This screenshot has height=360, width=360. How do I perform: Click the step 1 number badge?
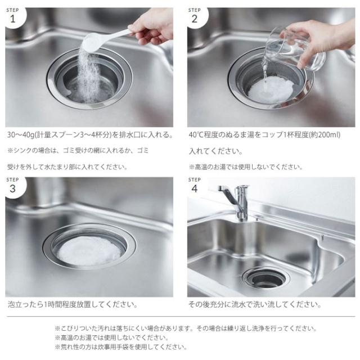click(12, 16)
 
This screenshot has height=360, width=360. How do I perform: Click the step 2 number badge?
click(195, 16)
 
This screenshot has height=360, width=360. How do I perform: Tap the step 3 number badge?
click(12, 187)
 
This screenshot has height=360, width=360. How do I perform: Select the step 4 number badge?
click(195, 187)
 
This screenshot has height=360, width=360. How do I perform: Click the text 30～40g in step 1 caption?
click(20, 136)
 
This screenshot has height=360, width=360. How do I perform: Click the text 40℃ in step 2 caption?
click(198, 136)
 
